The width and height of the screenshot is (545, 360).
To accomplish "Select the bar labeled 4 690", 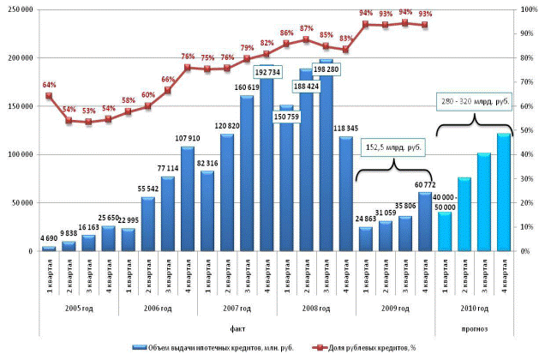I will (49, 249).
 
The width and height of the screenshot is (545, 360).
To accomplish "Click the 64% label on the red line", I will (49, 85).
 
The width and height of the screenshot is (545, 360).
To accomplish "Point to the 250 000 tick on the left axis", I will (20, 9).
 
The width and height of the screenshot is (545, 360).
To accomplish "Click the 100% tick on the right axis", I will (530, 9).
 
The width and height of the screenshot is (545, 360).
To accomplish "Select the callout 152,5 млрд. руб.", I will (395, 146).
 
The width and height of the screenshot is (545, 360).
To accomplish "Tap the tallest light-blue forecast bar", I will (504, 192).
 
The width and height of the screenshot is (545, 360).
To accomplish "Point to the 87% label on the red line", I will (306, 28).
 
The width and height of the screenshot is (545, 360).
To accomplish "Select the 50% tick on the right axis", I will (527, 130).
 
